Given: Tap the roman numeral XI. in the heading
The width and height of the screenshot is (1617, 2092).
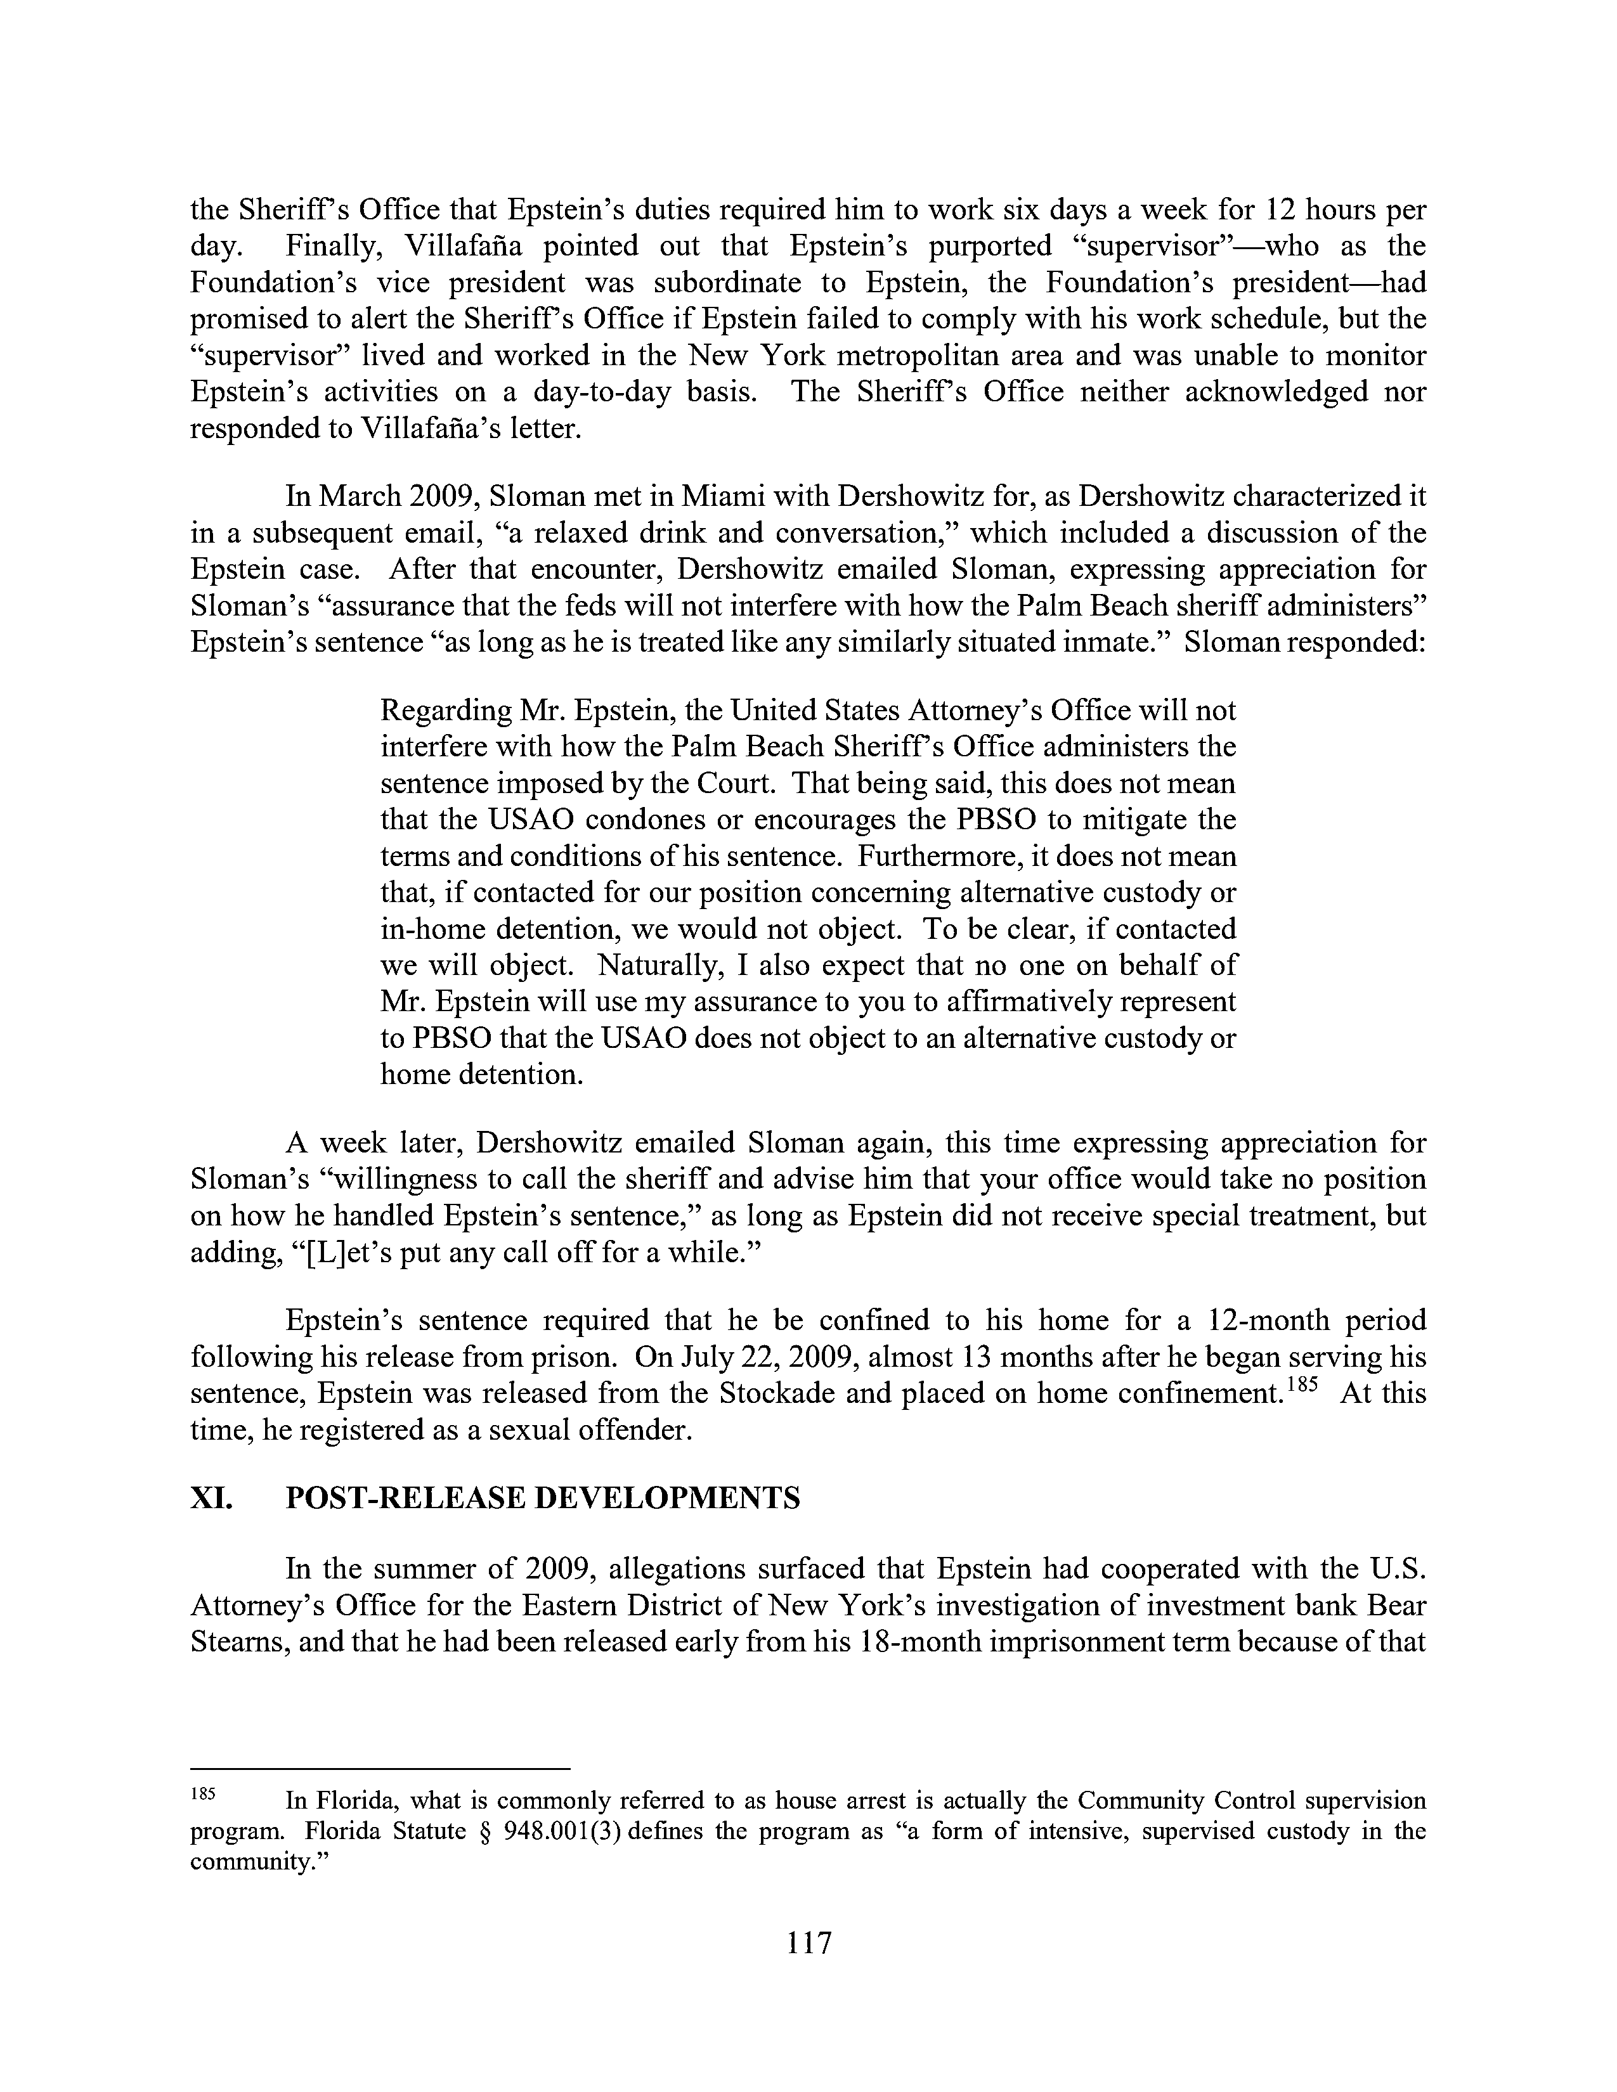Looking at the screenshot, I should click(x=211, y=1498).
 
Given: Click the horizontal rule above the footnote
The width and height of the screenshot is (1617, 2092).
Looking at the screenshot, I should click(x=380, y=1767).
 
